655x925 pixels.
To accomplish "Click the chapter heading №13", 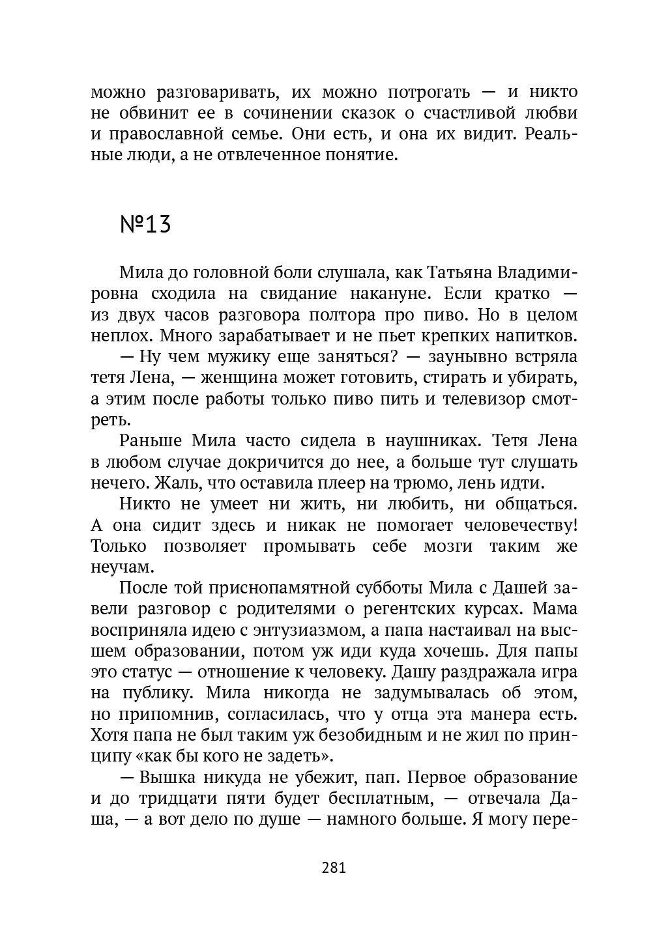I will pos(145,224).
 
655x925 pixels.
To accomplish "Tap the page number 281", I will pos(334,868).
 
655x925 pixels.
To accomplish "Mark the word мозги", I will pos(448,545).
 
